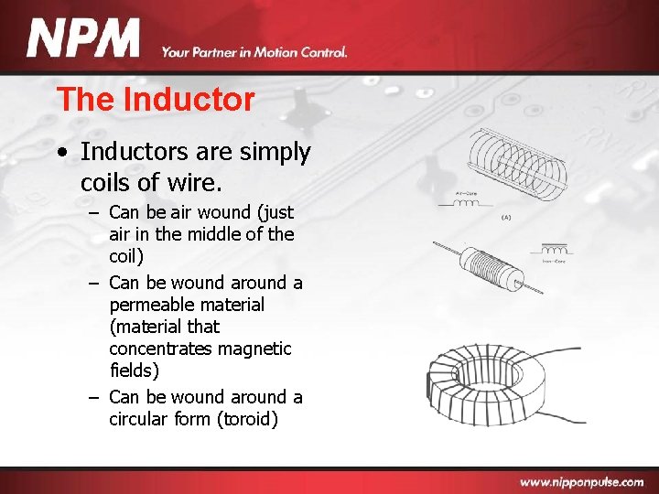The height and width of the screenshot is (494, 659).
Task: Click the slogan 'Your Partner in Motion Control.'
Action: [254, 53]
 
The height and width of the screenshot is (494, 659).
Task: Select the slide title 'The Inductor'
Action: [155, 99]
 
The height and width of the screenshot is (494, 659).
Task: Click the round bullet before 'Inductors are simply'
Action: [60, 153]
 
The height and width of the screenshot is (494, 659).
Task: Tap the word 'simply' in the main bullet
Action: [278, 153]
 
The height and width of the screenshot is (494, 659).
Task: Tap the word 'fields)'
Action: [134, 371]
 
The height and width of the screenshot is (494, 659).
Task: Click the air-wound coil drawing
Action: [517, 162]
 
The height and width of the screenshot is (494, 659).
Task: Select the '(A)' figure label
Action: [506, 219]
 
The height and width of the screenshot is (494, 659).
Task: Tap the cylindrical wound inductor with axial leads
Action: [485, 266]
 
